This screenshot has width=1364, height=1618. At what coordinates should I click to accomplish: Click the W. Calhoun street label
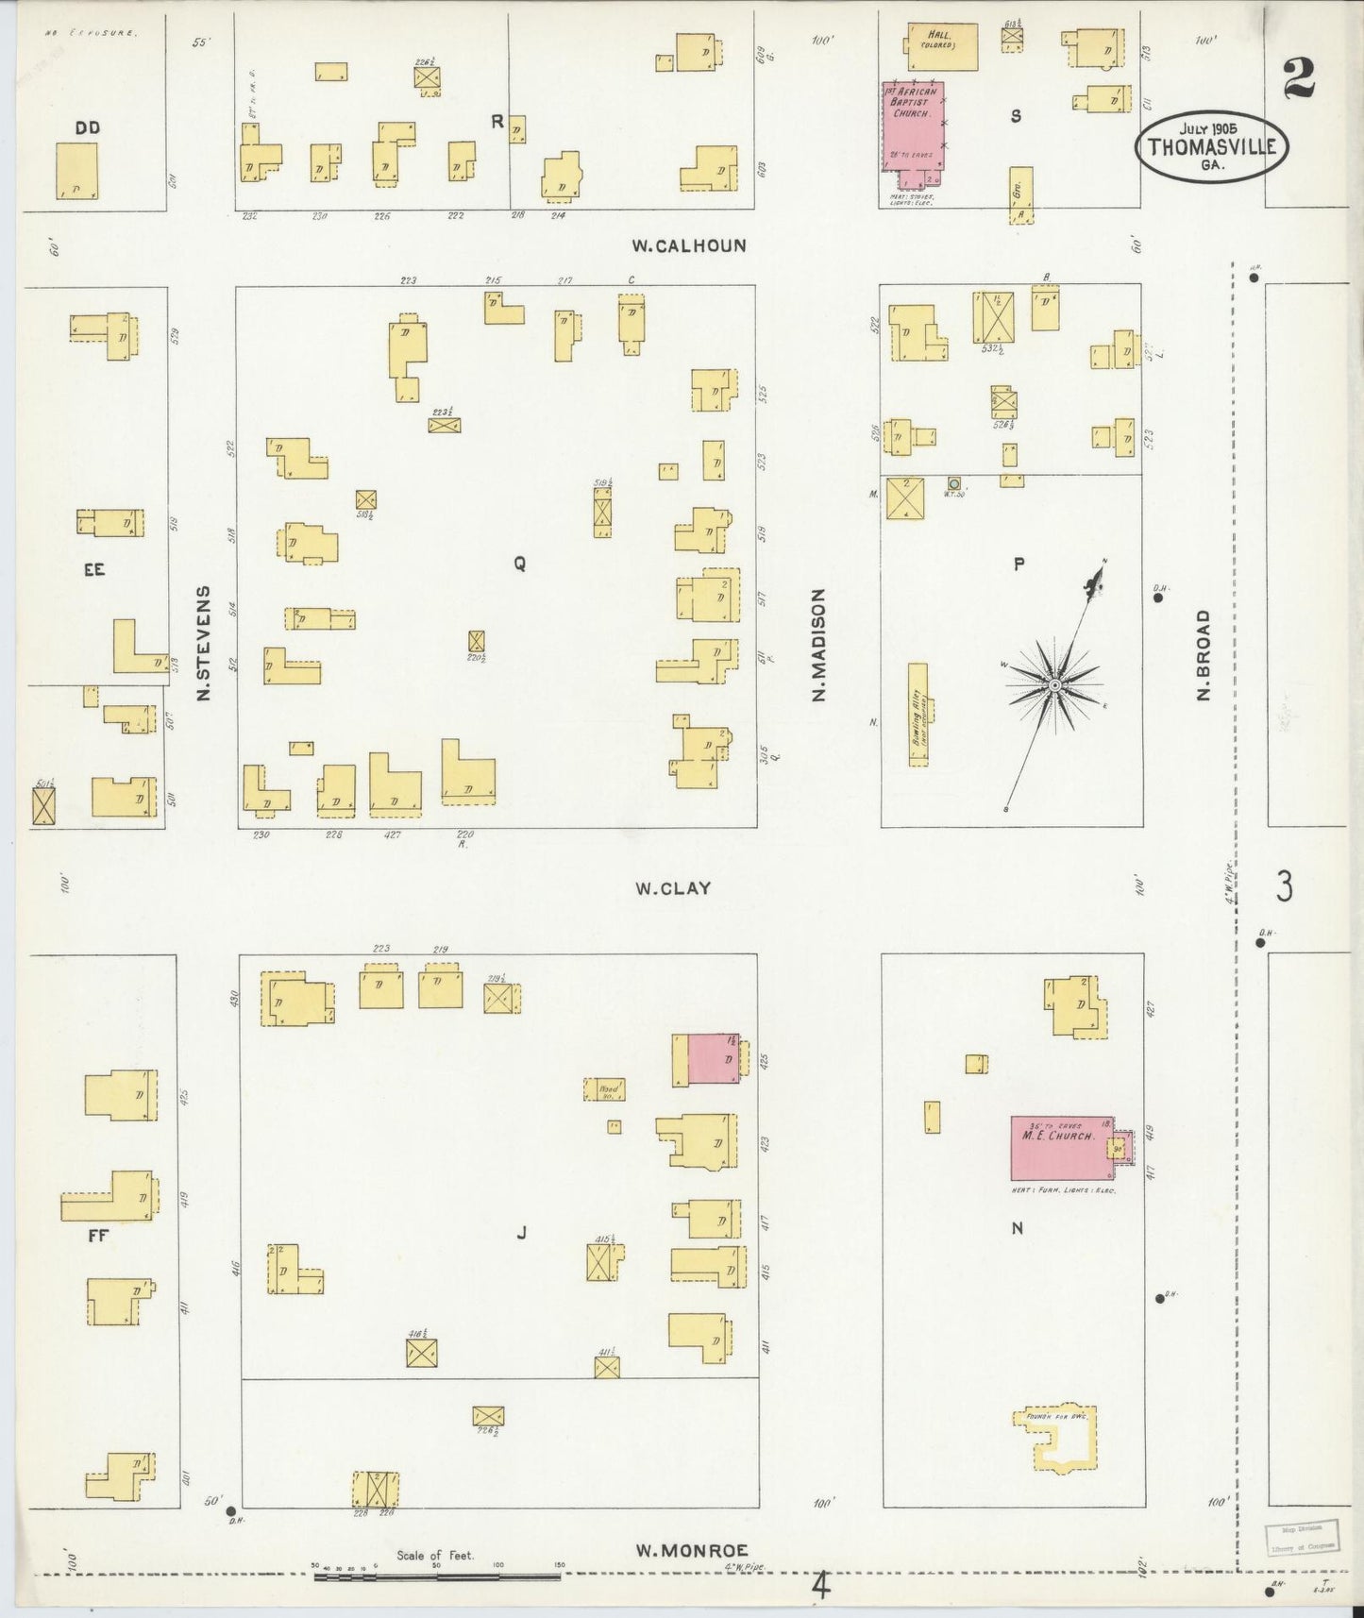click(689, 245)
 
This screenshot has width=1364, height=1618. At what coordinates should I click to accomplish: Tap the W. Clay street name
click(672, 888)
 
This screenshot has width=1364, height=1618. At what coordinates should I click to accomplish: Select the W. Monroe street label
click(692, 1550)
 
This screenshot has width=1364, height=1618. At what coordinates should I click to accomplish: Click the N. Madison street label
click(818, 645)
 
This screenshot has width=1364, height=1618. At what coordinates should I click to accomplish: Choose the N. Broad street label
click(1204, 654)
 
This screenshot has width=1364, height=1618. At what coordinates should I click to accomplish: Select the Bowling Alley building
click(918, 716)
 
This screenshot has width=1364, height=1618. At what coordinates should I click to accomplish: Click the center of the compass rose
click(1054, 683)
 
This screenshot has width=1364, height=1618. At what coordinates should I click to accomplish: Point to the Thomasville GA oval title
click(1211, 147)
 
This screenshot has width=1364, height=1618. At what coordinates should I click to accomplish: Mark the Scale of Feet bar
click(436, 1576)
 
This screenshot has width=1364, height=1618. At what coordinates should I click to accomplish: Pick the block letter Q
click(519, 564)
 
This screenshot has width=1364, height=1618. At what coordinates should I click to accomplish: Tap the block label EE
click(93, 569)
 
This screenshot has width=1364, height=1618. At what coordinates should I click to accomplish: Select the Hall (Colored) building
click(941, 45)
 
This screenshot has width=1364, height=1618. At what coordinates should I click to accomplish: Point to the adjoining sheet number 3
click(1284, 886)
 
